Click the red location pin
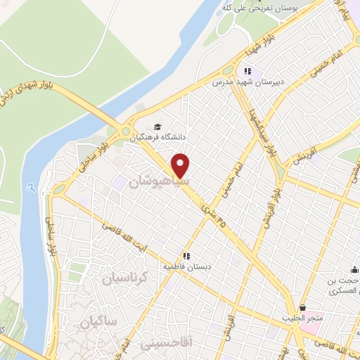point(181,165)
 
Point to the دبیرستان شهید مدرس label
point(247,82)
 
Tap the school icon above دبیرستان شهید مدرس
point(247,71)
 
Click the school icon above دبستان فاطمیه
point(186,257)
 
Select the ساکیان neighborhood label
point(96,323)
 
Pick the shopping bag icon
point(302,307)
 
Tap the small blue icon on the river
point(32,187)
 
